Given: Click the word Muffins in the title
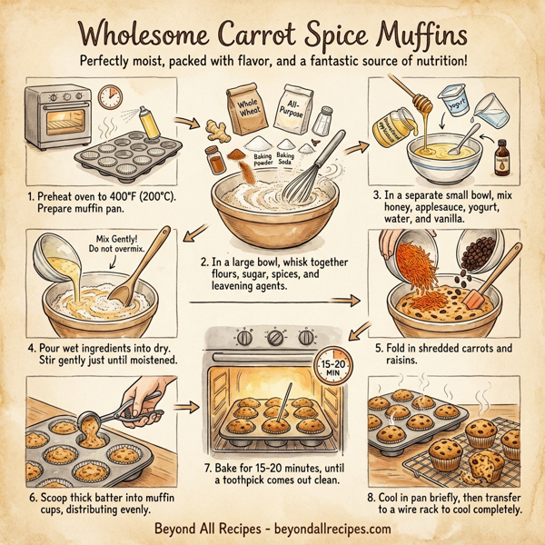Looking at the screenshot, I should (x=414, y=35).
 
